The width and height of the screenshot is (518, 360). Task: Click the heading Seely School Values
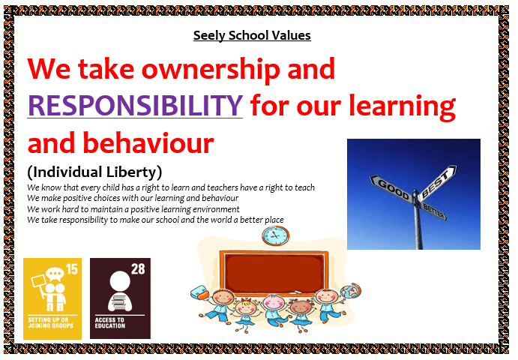252,35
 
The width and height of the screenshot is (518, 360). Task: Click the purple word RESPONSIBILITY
135,105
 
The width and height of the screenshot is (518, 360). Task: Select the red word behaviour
148,142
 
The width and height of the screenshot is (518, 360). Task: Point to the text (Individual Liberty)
94,172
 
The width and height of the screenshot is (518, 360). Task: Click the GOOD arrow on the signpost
391,188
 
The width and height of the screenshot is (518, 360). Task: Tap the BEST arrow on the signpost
437,183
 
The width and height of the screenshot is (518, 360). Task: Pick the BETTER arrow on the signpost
434,211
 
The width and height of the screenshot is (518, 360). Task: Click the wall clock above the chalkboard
276,235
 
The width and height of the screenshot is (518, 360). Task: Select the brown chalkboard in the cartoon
274,272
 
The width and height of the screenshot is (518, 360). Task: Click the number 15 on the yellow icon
72,269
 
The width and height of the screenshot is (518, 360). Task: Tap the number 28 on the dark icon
138,269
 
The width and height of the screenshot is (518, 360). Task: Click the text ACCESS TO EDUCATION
110,322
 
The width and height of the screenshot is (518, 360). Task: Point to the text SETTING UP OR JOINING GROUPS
50,322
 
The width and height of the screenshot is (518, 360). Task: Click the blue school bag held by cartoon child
200,292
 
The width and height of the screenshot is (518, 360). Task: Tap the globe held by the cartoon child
351,291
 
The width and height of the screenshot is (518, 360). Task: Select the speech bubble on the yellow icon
55,274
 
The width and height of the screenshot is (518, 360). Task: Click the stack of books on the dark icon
120,301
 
